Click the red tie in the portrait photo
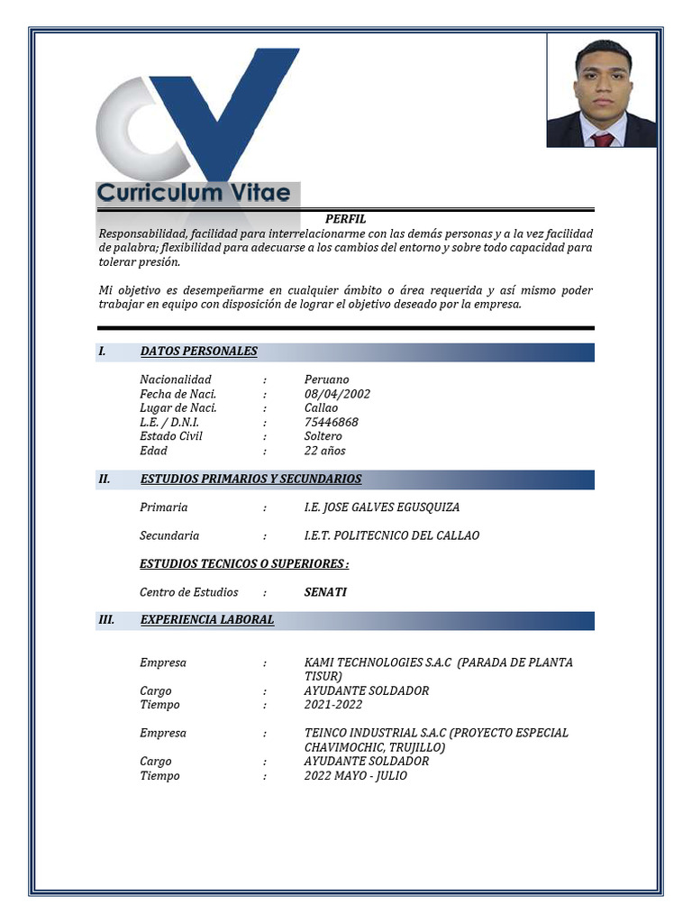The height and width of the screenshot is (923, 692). click(603, 139)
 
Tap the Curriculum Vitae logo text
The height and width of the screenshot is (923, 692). click(194, 193)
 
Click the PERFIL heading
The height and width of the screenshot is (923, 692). click(345, 219)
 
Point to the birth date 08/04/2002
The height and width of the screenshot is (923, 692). click(337, 394)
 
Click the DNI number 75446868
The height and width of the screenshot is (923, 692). click(331, 422)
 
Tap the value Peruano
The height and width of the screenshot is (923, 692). click(326, 379)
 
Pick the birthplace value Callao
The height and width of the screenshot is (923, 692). click(321, 407)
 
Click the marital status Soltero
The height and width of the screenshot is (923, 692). click(323, 436)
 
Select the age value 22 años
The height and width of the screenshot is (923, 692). click(324, 451)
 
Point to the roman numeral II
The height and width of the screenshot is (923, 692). click(104, 479)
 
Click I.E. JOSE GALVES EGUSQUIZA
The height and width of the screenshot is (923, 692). click(381, 507)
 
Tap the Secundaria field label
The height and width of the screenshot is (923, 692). click(169, 535)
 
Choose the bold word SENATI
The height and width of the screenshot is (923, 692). click(325, 592)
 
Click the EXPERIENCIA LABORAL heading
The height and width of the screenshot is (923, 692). click(207, 620)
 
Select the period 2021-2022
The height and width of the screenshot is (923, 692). click(333, 705)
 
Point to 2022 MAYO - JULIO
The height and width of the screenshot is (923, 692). click(355, 775)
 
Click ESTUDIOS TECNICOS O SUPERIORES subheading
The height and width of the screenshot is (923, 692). click(243, 564)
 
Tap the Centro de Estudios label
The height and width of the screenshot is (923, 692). click(188, 592)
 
